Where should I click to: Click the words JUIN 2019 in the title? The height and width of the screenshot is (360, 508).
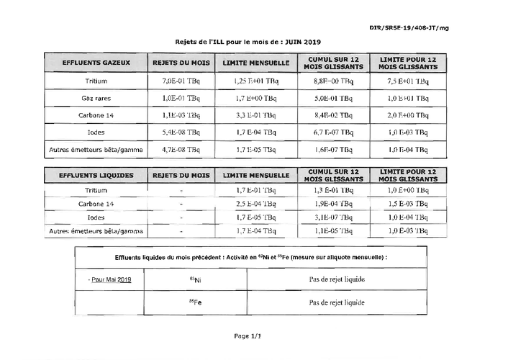[x=305, y=42]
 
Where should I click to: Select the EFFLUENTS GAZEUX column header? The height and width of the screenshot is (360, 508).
[x=96, y=63]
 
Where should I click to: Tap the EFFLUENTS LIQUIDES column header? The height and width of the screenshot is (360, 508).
[x=96, y=175]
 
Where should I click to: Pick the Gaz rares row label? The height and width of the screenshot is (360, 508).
[x=96, y=98]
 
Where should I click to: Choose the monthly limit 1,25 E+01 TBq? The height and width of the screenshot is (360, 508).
[x=256, y=81]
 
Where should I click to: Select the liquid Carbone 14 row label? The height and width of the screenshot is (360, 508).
[x=96, y=204]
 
